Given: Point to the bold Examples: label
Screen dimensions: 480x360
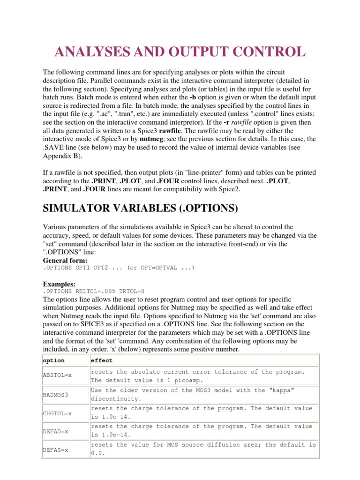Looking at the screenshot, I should point(60,284).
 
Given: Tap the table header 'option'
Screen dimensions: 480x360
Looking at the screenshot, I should point(54,360).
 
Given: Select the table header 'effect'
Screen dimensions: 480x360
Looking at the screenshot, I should point(102,360).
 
